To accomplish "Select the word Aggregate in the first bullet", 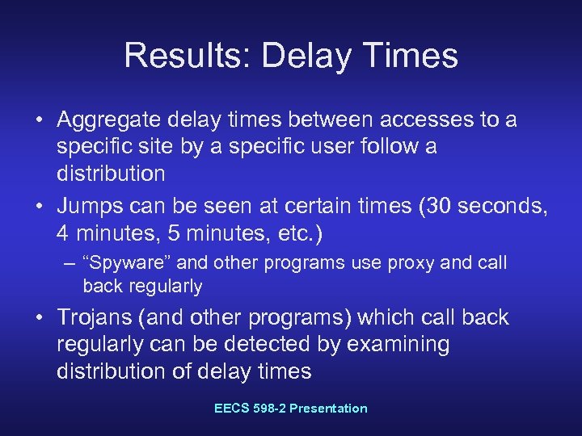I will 112,120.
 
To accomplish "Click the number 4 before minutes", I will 63,236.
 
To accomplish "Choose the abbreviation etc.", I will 303,236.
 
